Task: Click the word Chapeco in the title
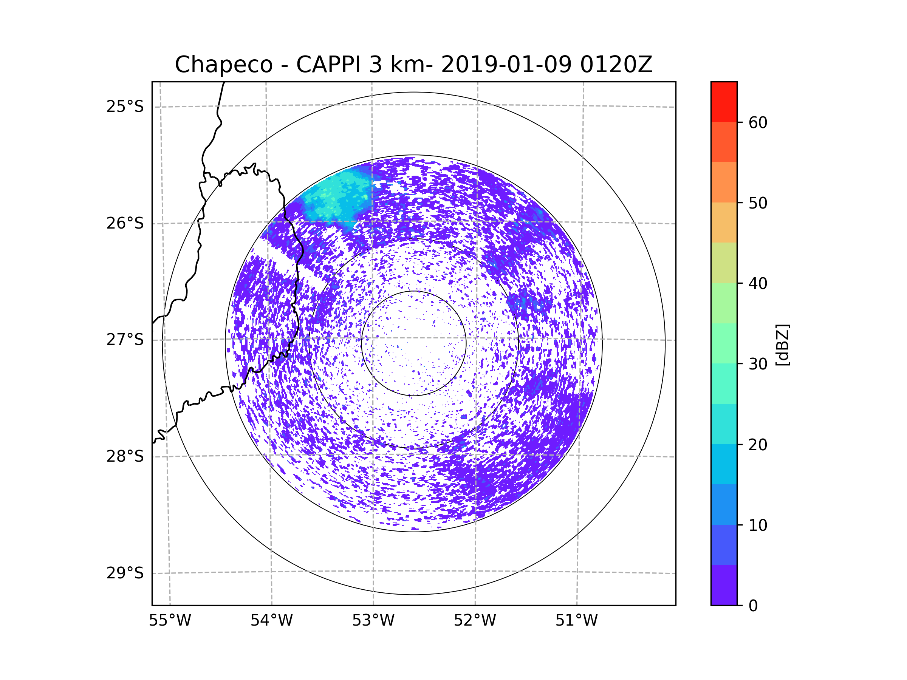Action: coord(223,65)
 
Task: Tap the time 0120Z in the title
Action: coord(616,65)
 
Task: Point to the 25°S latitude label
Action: coord(125,107)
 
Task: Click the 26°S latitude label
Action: coord(125,223)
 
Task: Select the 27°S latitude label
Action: coord(125,340)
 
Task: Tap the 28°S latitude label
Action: coord(125,456)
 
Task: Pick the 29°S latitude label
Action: coord(125,573)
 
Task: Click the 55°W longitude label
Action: coord(170,621)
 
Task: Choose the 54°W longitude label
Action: coord(271,621)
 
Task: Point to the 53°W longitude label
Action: coord(373,621)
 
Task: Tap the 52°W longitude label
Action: coord(475,621)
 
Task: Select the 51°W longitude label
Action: coord(576,621)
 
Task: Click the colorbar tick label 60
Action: coord(758,122)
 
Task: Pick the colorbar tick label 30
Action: coord(758,364)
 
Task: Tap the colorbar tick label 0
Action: coord(753,606)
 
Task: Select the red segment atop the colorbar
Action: coord(724,102)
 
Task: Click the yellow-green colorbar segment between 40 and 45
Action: coord(724,263)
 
